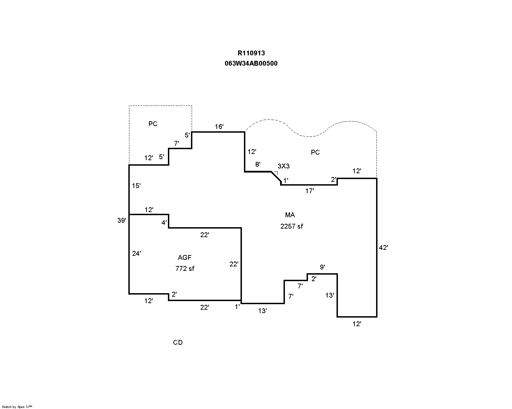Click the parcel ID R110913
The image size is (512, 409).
[251, 53]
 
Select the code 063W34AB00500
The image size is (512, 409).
[251, 63]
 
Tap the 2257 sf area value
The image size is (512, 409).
[292, 226]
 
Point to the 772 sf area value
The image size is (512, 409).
[185, 268]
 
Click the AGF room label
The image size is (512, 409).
[185, 257]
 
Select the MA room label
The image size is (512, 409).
[290, 215]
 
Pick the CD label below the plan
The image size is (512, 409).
[178, 342]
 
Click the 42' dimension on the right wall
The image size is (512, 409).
[383, 247]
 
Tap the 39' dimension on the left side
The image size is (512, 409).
[122, 220]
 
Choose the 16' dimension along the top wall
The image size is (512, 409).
[219, 126]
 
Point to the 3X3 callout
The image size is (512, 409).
[284, 166]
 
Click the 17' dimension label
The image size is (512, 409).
[310, 191]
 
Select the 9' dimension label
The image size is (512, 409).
[322, 267]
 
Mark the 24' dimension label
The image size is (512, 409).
[137, 254]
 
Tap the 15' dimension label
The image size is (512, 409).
[136, 186]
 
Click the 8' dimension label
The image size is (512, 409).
[258, 165]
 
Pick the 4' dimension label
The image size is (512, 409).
[164, 223]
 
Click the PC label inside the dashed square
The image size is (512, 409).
[153, 124]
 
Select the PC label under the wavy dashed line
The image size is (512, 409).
[315, 152]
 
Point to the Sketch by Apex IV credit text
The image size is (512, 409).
[17, 407]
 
